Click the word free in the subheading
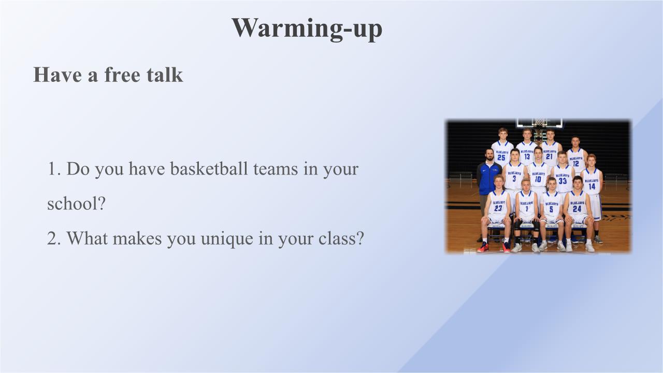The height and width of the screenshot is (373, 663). (x=122, y=75)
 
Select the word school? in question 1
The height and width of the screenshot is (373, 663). (x=76, y=204)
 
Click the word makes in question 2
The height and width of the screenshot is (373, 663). (x=137, y=238)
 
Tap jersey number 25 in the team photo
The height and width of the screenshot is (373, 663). (x=501, y=157)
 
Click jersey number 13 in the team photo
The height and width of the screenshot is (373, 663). (x=527, y=156)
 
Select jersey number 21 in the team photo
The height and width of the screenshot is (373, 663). (x=550, y=156)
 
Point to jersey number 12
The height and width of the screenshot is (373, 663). (x=575, y=164)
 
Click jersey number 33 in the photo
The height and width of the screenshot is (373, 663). (x=563, y=181)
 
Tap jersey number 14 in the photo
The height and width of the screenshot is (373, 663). (x=592, y=186)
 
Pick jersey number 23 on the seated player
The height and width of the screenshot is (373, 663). (x=498, y=208)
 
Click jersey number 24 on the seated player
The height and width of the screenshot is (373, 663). (x=577, y=209)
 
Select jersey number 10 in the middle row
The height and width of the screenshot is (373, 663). (x=538, y=179)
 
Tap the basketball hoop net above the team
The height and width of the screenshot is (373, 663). (x=540, y=123)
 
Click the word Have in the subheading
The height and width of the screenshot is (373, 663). (x=57, y=75)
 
